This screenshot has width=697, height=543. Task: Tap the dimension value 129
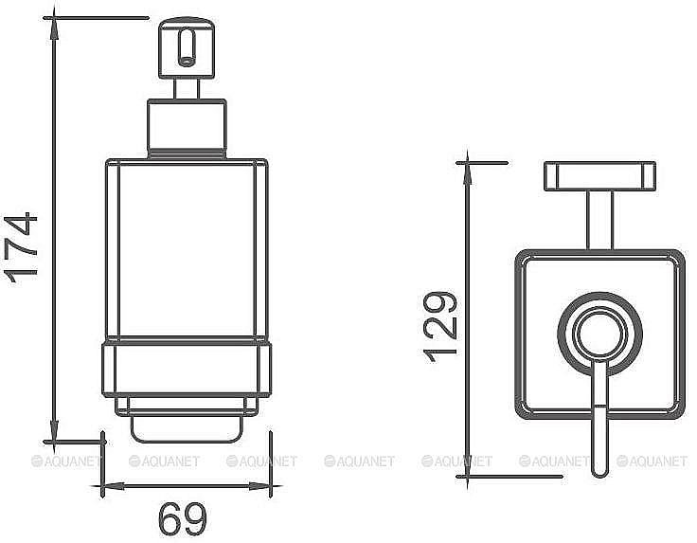(441, 327)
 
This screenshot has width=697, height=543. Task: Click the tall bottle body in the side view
(186, 251)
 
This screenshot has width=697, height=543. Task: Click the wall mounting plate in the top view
(599, 175)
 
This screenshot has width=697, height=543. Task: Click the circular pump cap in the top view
(599, 335)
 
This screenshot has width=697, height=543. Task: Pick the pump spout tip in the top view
(599, 464)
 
